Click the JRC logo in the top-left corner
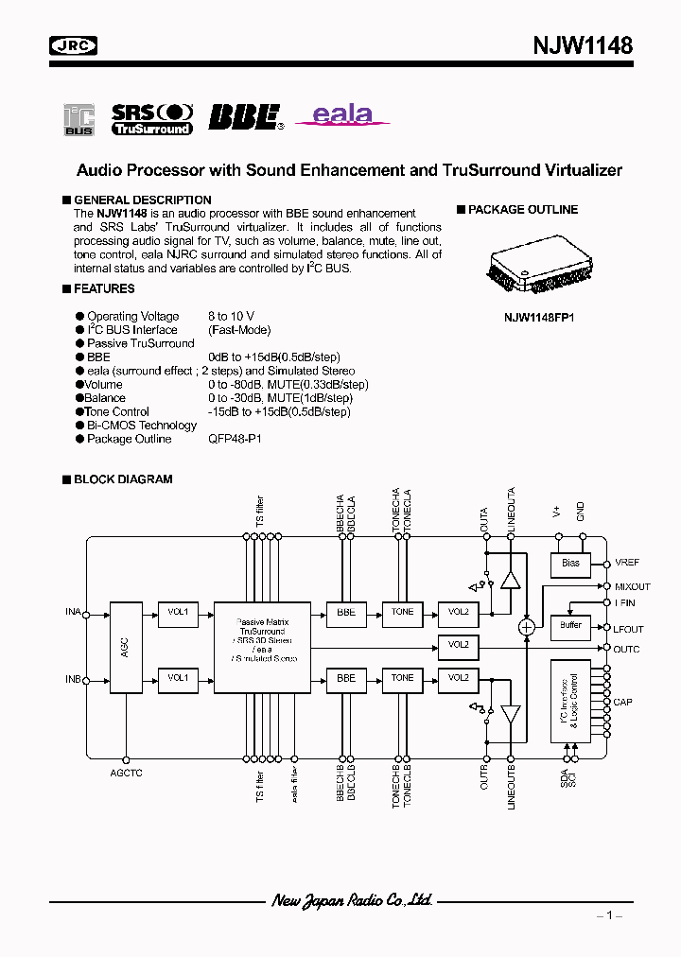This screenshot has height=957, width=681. pyautogui.click(x=73, y=45)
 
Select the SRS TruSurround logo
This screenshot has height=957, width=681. pyautogui.click(x=151, y=117)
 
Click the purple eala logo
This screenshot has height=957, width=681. pyautogui.click(x=343, y=115)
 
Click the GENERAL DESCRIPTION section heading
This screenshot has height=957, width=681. pyautogui.click(x=142, y=200)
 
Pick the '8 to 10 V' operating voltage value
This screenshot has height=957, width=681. pyautogui.click(x=231, y=316)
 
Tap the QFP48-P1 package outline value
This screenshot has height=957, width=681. pyautogui.click(x=236, y=439)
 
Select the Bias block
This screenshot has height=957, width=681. pyautogui.click(x=570, y=564)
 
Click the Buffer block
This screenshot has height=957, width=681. pyautogui.click(x=570, y=625)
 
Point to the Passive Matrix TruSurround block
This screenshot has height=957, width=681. pyautogui.click(x=262, y=645)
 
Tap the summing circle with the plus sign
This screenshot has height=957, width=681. pyautogui.click(x=527, y=627)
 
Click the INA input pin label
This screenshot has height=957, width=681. pyautogui.click(x=73, y=613)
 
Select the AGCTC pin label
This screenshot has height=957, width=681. pyautogui.click(x=125, y=773)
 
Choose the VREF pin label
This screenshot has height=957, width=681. pyautogui.click(x=627, y=563)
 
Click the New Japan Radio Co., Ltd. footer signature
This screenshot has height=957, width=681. pyautogui.click(x=353, y=900)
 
